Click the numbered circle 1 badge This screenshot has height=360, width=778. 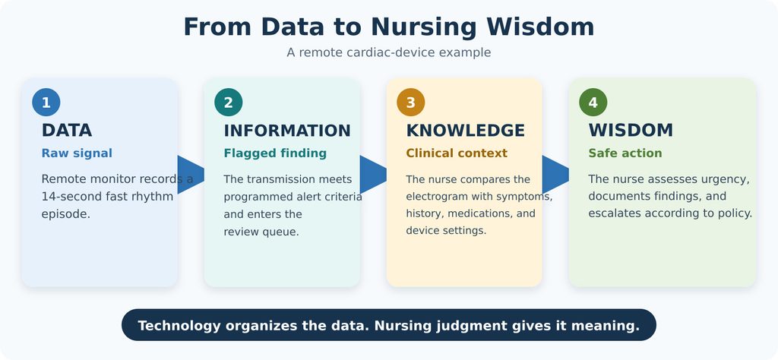pyautogui.click(x=46, y=102)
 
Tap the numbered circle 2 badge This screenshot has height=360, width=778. pyautogui.click(x=228, y=102)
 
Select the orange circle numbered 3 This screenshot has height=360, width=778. pyautogui.click(x=411, y=102)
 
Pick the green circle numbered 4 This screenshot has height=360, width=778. pyautogui.click(x=593, y=102)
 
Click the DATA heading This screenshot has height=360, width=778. pyautogui.click(x=67, y=131)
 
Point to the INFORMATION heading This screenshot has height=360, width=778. pyautogui.click(x=287, y=131)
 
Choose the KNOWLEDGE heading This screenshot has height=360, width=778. pyautogui.click(x=466, y=131)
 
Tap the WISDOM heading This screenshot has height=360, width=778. pyautogui.click(x=631, y=131)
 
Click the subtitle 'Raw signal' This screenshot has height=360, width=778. pyautogui.click(x=77, y=153)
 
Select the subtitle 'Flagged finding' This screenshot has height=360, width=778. pyautogui.click(x=275, y=153)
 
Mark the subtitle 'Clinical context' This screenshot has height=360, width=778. pyautogui.click(x=457, y=153)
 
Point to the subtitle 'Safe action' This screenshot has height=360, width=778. pyautogui.click(x=625, y=153)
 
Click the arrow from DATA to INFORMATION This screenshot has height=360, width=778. pyautogui.click(x=191, y=175)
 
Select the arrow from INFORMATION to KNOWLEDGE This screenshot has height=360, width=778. pyautogui.click(x=373, y=175)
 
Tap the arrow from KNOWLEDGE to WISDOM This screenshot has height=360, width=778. pyautogui.click(x=555, y=175)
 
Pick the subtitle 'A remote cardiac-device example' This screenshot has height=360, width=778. pyautogui.click(x=389, y=52)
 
